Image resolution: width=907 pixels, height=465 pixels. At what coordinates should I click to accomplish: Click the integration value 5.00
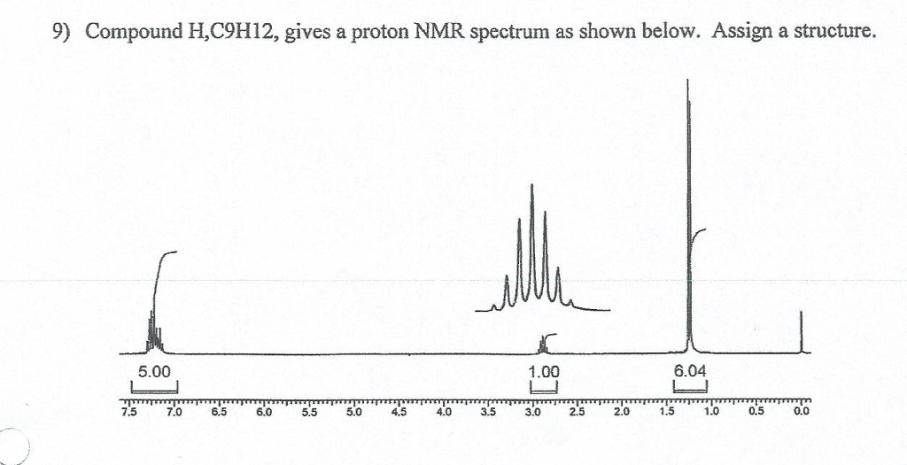click(154, 372)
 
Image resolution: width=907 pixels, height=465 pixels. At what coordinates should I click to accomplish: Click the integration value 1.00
click(542, 372)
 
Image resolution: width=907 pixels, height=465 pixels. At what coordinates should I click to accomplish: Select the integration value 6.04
click(691, 372)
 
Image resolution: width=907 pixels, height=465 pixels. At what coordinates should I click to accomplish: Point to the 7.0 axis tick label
click(174, 411)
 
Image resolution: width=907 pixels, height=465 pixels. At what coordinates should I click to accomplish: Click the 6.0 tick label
click(264, 411)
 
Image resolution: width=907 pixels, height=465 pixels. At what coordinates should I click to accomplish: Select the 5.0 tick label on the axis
click(353, 411)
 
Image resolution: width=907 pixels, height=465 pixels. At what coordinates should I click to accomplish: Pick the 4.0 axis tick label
click(444, 411)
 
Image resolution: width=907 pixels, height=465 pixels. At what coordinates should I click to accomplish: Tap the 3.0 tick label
click(533, 411)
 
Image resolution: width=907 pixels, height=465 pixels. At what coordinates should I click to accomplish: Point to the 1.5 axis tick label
click(667, 411)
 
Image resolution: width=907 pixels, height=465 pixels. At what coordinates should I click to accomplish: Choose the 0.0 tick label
click(802, 411)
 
